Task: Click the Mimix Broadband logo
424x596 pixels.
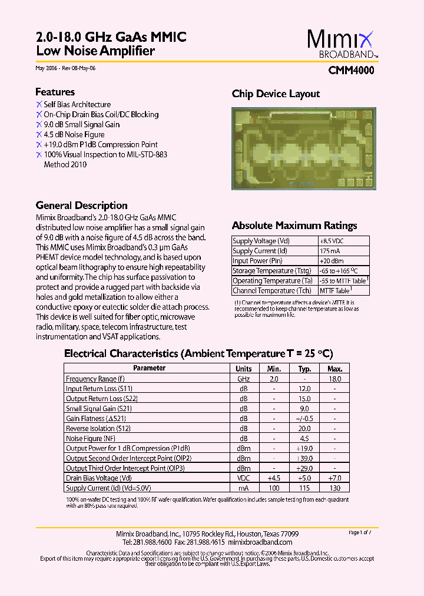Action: [x=341, y=44]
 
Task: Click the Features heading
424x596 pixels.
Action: [x=55, y=92]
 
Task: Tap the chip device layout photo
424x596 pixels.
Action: [x=302, y=148]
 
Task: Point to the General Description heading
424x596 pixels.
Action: [x=81, y=206]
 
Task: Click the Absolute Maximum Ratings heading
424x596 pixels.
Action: [x=294, y=226]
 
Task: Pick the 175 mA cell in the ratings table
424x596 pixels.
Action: [x=330, y=251]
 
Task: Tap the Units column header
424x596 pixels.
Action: [x=243, y=369]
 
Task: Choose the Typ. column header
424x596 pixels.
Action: [x=304, y=369]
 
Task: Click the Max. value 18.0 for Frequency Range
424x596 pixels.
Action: [x=334, y=379]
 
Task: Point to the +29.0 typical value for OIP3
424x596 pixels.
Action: [x=304, y=468]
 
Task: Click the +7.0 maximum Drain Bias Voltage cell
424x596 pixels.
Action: [x=334, y=478]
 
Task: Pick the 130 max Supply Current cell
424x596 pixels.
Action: [x=334, y=488]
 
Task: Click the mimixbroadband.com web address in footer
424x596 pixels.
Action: [x=260, y=542]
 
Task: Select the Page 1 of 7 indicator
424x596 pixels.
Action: [x=360, y=532]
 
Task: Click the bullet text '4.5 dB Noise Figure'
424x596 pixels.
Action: [x=74, y=134]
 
